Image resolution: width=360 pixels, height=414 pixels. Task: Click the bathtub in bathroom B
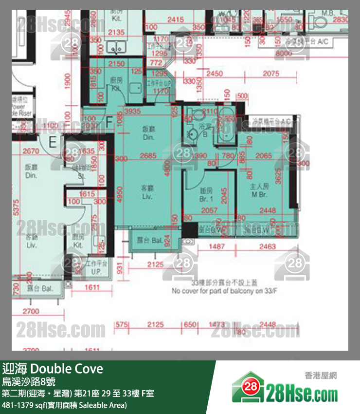pyautogui.click(x=225, y=128)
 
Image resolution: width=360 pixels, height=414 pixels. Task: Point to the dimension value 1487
pyautogui.click(x=216, y=247)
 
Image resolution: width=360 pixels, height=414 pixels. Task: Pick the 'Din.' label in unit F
pyautogui.click(x=148, y=138)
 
